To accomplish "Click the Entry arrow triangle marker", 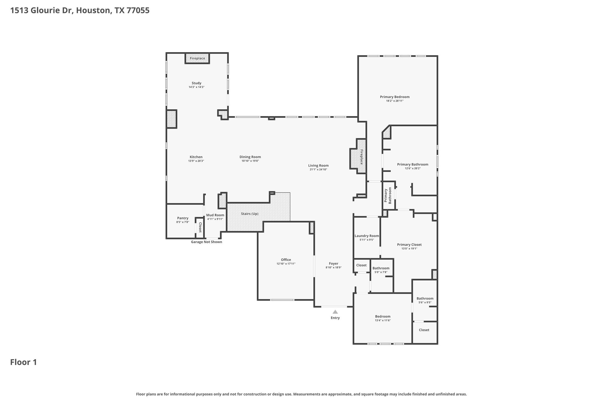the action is pyautogui.click(x=335, y=312).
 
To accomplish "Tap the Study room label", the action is pyautogui.click(x=196, y=83).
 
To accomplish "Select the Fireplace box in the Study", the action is pyautogui.click(x=197, y=58).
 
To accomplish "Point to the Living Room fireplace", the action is pyautogui.click(x=358, y=156).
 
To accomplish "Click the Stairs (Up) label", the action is pyautogui.click(x=250, y=214).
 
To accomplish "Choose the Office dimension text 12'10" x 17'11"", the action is pyautogui.click(x=286, y=264).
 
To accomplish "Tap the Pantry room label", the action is pyautogui.click(x=183, y=218).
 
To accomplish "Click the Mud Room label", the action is pyautogui.click(x=215, y=215).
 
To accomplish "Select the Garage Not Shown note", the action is pyautogui.click(x=207, y=242).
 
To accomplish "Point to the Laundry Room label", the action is pyautogui.click(x=367, y=236).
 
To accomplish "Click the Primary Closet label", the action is pyautogui.click(x=409, y=245).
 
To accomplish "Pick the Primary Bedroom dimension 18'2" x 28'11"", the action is pyautogui.click(x=395, y=101).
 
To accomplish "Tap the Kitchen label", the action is pyautogui.click(x=196, y=157).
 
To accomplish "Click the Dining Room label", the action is pyautogui.click(x=250, y=157).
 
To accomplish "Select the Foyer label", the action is pyautogui.click(x=334, y=264).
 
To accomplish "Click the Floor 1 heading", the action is pyautogui.click(x=24, y=362).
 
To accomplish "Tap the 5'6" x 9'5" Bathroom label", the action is pyautogui.click(x=425, y=298).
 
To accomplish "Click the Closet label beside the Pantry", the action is pyautogui.click(x=200, y=227).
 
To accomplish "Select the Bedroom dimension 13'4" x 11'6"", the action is pyautogui.click(x=383, y=320).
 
